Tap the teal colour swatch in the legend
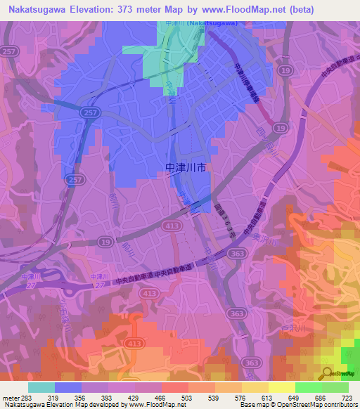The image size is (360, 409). click(41, 387)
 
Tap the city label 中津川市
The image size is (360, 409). click(186, 169)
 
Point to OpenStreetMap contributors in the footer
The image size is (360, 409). click(324, 405)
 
